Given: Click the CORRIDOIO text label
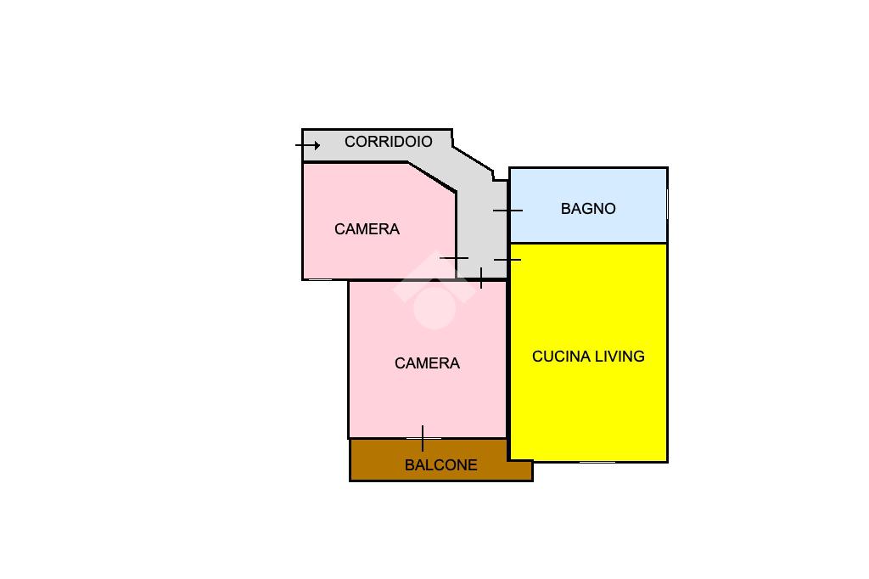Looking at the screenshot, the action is pos(388,142).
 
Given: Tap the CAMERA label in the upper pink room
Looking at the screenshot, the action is pos(367,229).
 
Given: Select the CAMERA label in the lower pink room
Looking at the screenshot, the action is pos(427,363).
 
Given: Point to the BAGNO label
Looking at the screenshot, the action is pos(588,209).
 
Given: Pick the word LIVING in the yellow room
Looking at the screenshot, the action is pos(619,357).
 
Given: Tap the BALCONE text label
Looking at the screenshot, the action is pos(440,465).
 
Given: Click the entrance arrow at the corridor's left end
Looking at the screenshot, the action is pos(308,145).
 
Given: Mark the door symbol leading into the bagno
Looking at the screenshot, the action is pos(507,210).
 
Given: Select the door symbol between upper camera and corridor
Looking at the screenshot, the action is pos(455,258).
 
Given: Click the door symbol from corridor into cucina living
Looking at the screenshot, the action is pos(507,259).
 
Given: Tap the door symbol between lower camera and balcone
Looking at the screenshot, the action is pos(423,438).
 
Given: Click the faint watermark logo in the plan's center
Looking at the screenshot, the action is pos(434,294).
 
